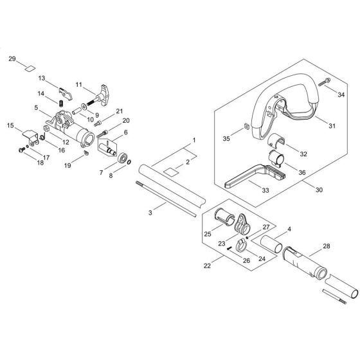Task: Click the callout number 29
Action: coord(11,59)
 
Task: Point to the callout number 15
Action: coord(10,125)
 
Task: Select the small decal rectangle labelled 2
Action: coord(169,172)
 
